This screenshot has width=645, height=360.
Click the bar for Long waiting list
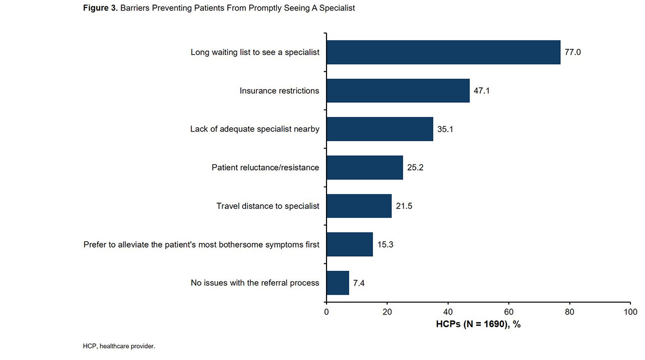443,52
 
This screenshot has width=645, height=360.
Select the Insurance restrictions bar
398,91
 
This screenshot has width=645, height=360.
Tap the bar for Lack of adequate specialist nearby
379,129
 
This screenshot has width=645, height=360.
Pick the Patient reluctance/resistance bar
364,167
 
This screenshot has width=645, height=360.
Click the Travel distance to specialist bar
359,206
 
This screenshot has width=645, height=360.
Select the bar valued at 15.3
349,245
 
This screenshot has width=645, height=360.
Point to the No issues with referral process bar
338,283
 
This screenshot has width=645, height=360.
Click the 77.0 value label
572,52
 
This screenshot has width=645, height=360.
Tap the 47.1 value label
482,91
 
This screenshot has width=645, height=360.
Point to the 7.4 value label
359,283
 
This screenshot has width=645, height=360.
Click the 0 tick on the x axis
327,312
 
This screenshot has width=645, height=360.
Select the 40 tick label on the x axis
448,312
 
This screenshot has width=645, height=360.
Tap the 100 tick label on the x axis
630,312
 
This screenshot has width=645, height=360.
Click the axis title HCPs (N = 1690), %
478,324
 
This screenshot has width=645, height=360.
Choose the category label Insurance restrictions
279,91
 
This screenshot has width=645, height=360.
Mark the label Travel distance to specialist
268,206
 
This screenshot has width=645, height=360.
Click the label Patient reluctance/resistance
265,167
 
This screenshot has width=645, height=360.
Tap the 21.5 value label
404,206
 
